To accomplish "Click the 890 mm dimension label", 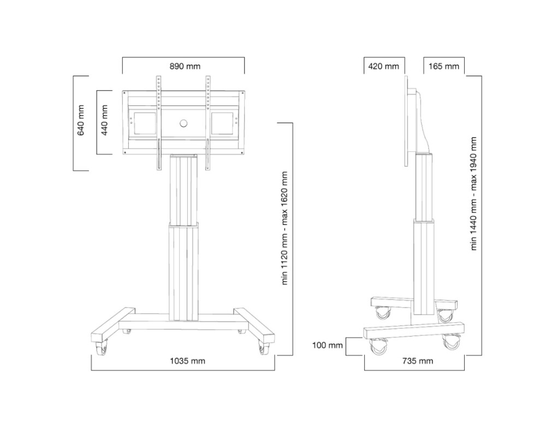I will tap(185, 67).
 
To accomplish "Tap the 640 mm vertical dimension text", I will tap(81, 122).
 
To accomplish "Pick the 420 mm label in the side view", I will tap(384, 67).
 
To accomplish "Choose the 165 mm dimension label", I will tap(443, 67).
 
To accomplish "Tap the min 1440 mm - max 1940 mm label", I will tap(474, 193).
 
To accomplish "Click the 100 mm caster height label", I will tap(328, 345).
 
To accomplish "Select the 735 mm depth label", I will tap(418, 361).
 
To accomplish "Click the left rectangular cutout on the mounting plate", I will tap(143, 122).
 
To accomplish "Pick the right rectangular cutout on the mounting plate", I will tap(223, 122).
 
